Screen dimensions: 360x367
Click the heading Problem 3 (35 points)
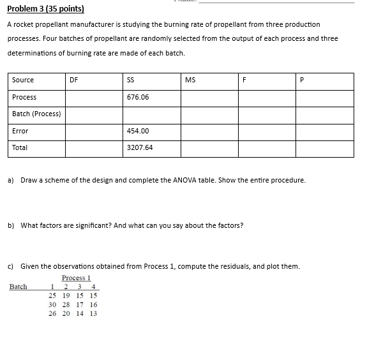click(45, 10)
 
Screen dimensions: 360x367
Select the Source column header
click(23, 80)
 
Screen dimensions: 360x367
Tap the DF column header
click(74, 80)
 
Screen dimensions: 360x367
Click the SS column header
click(131, 80)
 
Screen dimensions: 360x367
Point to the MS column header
click(190, 80)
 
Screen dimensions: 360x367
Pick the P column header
click(302, 80)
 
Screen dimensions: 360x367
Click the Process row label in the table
click(24, 97)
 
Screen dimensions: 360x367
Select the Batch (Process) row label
click(36, 114)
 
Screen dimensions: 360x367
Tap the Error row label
click(20, 131)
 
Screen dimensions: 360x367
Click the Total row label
click(20, 147)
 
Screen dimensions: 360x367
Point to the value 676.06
click(138, 97)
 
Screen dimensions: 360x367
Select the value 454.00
click(138, 131)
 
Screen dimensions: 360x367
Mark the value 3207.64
click(140, 147)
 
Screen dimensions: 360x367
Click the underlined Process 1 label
click(77, 278)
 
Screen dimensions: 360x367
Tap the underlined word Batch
click(19, 287)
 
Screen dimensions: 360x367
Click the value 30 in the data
click(53, 304)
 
